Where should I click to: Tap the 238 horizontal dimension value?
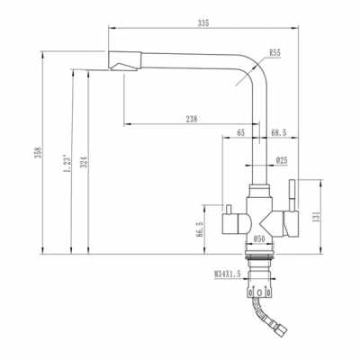[x=192, y=118]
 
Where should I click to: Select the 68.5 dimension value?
[x=280, y=133]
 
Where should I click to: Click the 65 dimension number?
[x=240, y=133]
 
